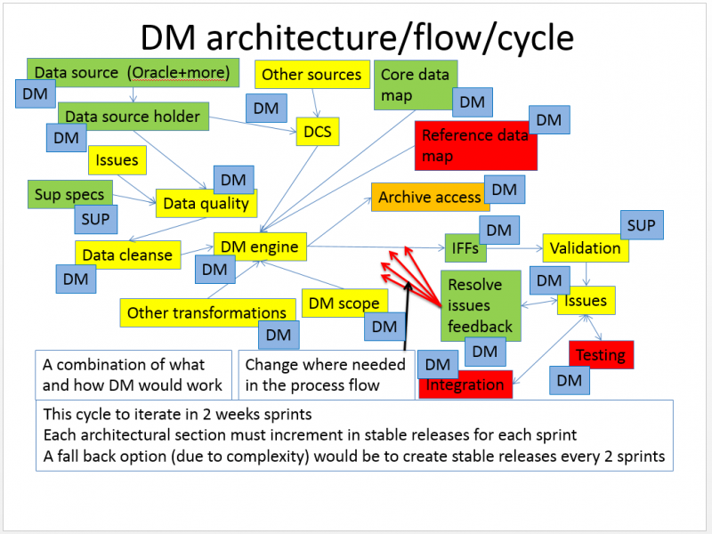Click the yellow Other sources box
point(311,75)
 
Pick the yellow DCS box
point(317,133)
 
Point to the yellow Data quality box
point(206,204)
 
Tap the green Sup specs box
point(69,194)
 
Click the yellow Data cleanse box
point(126,255)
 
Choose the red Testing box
point(601,355)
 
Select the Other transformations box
point(206,312)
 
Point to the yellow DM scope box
point(344,303)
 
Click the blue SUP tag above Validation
point(641,226)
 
